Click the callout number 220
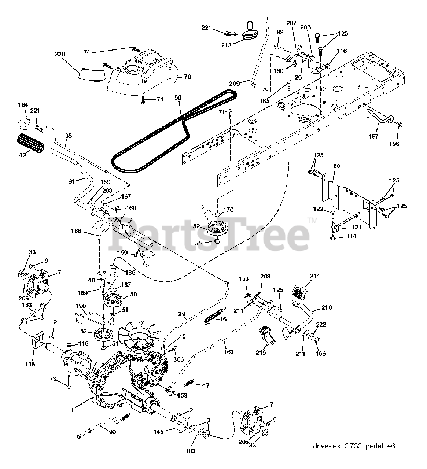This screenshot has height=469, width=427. coord(60,54)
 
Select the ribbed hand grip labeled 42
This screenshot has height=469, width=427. coord(31,140)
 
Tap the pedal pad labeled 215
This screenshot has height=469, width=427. coord(267,334)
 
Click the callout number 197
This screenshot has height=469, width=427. coord(373,136)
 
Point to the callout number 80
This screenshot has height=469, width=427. coord(336,166)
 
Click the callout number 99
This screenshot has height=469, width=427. coord(112,432)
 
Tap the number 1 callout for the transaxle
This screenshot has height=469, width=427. coord(72,410)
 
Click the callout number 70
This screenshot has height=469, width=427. coord(187,77)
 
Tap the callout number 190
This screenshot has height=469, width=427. coord(81,306)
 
